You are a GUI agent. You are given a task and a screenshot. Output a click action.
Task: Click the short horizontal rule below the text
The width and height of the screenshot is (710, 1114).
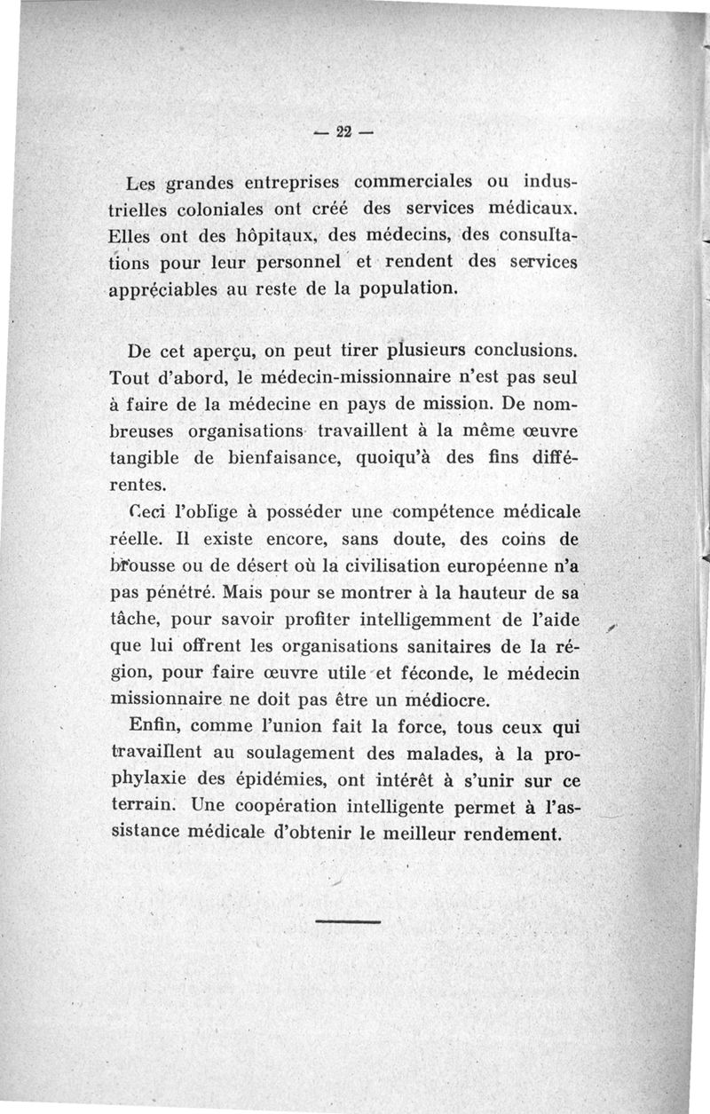[347, 920]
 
